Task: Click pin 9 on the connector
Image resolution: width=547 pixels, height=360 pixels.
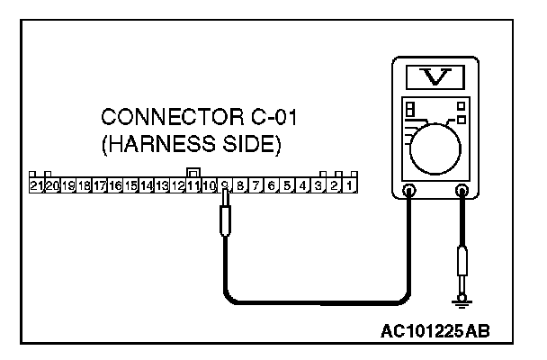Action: (225, 186)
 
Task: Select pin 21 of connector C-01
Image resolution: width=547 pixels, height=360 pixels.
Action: (36, 186)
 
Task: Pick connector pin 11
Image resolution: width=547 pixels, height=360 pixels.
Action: (193, 186)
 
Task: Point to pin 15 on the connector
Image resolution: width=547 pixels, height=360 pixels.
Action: (130, 186)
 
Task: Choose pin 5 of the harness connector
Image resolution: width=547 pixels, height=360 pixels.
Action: (287, 186)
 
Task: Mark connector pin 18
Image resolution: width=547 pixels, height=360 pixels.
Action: (84, 186)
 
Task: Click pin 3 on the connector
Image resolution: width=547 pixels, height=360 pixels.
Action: (318, 186)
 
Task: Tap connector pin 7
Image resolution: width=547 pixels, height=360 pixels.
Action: (256, 186)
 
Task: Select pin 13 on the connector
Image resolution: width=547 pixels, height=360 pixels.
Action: (162, 186)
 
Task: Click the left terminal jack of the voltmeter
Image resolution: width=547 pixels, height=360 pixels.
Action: (409, 190)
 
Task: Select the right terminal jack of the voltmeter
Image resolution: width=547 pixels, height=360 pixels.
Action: (464, 190)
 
